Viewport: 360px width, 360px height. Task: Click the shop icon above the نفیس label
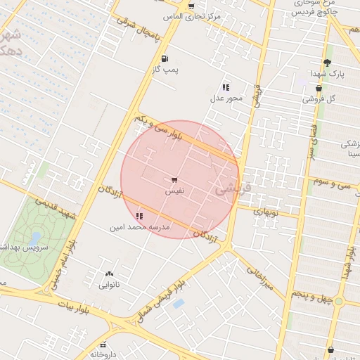coord(174,181)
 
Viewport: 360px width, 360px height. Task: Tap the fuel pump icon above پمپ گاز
coord(165,58)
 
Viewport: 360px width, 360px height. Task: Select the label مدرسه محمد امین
coord(140,227)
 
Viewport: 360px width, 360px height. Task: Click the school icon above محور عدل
coord(225,87)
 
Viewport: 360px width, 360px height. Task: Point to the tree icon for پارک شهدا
coord(327,63)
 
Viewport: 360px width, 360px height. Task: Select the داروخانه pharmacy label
coord(103,354)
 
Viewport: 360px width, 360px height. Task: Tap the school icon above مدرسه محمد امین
coord(139,216)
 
